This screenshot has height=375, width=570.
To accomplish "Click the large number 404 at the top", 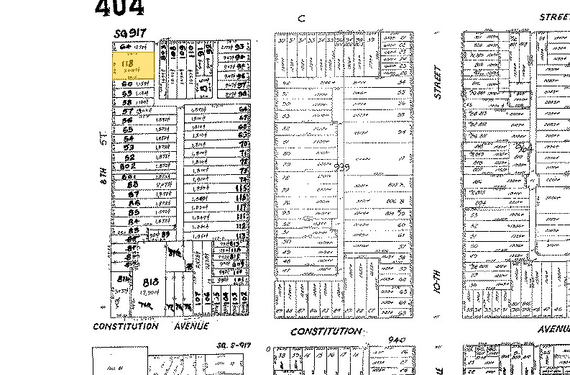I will [x=119, y=8].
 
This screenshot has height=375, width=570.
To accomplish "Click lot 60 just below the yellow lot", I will [x=129, y=84].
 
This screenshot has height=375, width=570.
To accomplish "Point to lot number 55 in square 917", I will [x=130, y=130].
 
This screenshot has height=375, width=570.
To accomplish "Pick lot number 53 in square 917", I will [x=129, y=148].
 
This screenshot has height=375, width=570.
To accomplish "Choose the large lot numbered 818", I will [x=150, y=281].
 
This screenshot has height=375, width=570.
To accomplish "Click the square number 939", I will [x=342, y=166].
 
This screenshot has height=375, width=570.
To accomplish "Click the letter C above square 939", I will [x=303, y=20].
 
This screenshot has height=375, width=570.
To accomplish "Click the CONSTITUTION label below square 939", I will [x=325, y=331].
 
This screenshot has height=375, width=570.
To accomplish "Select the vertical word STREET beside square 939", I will [x=436, y=83].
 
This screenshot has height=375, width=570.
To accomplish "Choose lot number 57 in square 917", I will [x=129, y=112].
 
